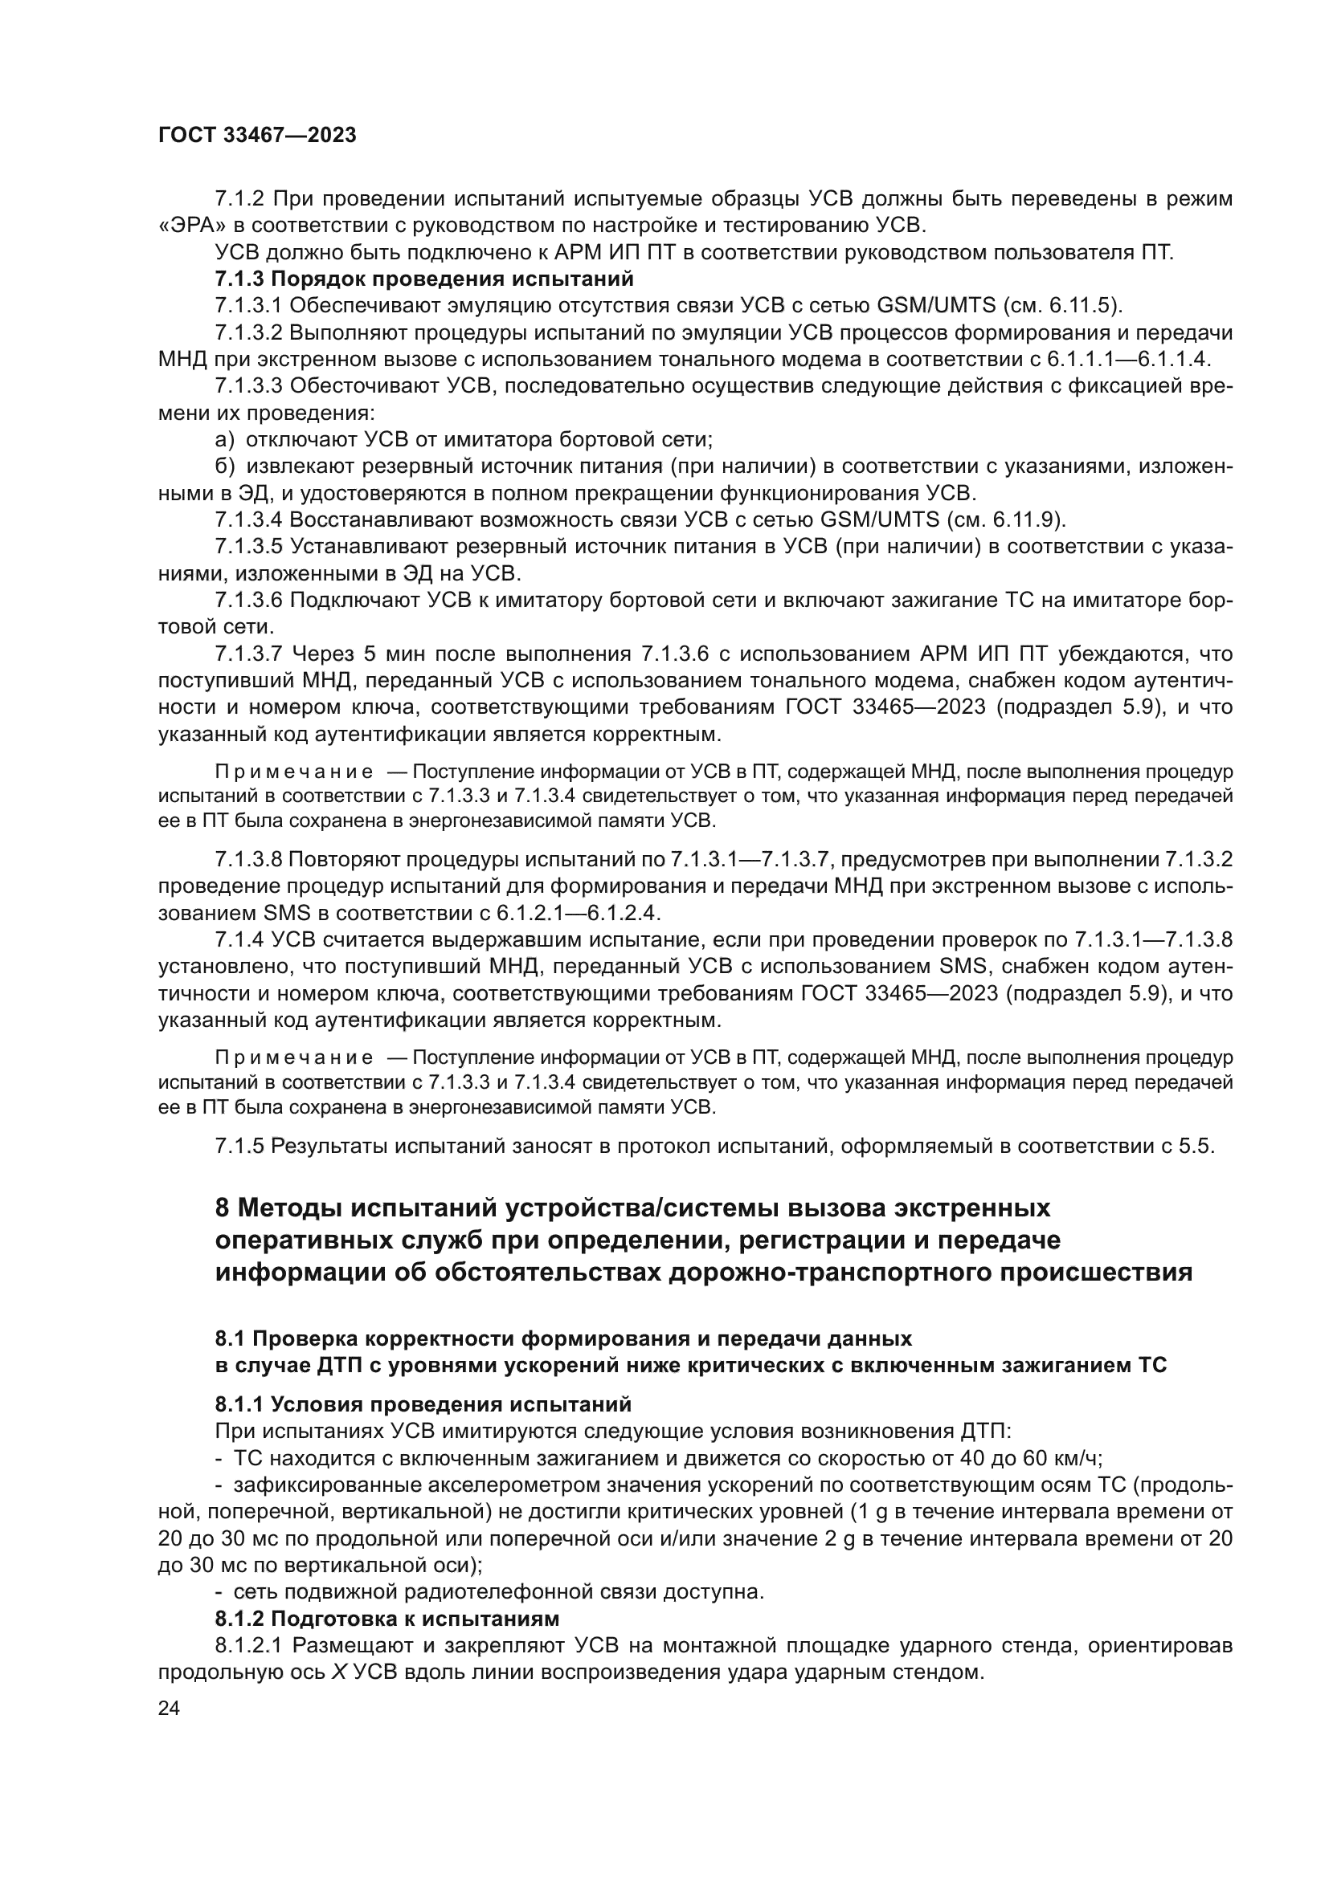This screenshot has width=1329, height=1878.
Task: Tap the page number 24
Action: click(x=169, y=1708)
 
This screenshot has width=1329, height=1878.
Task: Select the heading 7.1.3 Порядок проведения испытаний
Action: click(x=424, y=279)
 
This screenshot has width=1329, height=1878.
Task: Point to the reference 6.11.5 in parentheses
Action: click(x=1084, y=306)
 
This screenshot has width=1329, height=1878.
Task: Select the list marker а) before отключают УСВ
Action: click(x=224, y=439)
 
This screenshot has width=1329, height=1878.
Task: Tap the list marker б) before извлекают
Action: click(x=224, y=466)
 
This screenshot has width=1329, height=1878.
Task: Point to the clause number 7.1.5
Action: click(x=239, y=1146)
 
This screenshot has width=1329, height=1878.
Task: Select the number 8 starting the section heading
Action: click(x=222, y=1208)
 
